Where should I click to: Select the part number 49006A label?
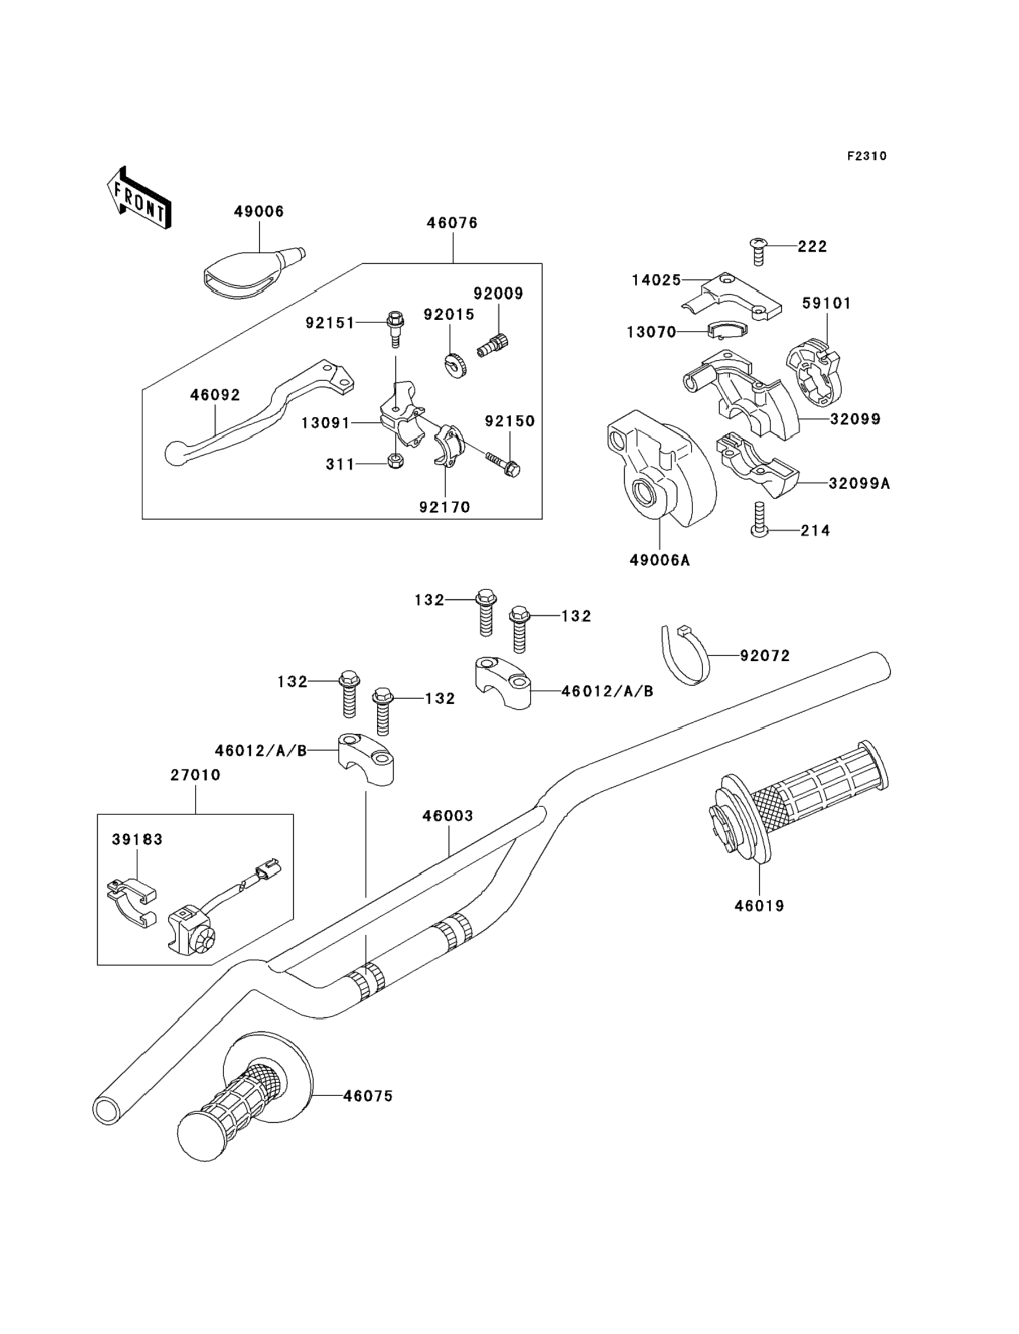click(x=659, y=560)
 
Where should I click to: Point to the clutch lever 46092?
click(x=260, y=413)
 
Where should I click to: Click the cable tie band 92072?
click(x=685, y=655)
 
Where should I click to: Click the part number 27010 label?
click(x=195, y=775)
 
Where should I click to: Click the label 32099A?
click(x=860, y=483)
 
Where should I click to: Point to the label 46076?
click(x=452, y=223)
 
